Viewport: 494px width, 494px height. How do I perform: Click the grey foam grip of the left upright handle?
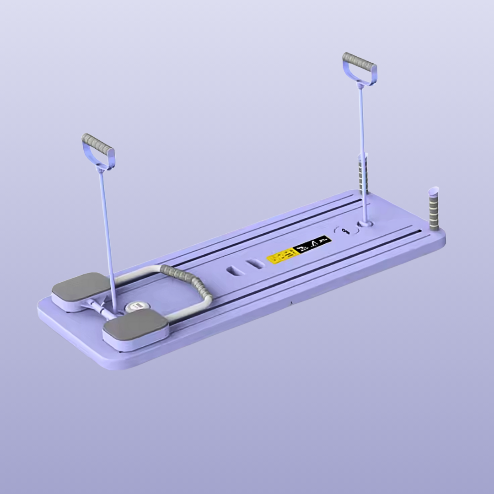[x=98, y=144]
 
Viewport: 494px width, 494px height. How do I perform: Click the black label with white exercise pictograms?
[x=312, y=245]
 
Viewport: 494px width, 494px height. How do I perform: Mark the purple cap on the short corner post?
[x=433, y=190]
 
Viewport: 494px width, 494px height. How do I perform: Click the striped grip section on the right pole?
[x=363, y=175]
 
